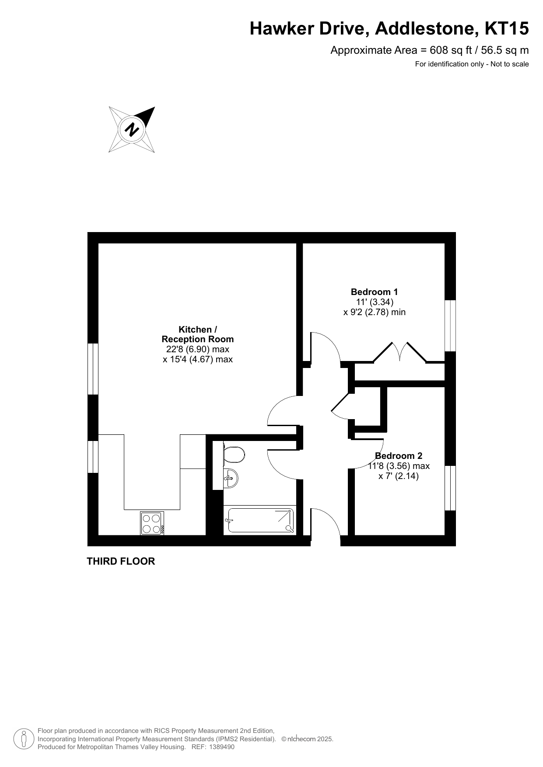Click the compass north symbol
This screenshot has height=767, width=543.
pyautogui.click(x=132, y=129)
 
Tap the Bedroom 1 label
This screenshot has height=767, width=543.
pyautogui.click(x=374, y=292)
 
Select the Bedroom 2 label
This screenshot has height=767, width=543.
pyautogui.click(x=399, y=456)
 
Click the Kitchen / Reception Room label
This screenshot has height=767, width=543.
pyautogui.click(x=198, y=334)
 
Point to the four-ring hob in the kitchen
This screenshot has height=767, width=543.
pyautogui.click(x=152, y=523)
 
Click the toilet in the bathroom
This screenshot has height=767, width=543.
pyautogui.click(x=233, y=455)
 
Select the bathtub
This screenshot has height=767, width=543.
pyautogui.click(x=261, y=520)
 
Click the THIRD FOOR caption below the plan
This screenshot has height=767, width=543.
pyautogui.click(x=121, y=561)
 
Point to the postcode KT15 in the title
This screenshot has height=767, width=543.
pyautogui.click(x=507, y=29)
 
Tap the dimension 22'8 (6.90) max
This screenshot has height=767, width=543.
pyautogui.click(x=198, y=349)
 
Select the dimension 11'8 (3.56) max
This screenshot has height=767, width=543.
pyautogui.click(x=399, y=466)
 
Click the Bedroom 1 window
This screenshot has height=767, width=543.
pyautogui.click(x=450, y=326)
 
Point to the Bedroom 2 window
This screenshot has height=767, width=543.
pyautogui.click(x=450, y=488)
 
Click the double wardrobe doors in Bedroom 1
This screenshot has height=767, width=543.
pyautogui.click(x=400, y=352)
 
